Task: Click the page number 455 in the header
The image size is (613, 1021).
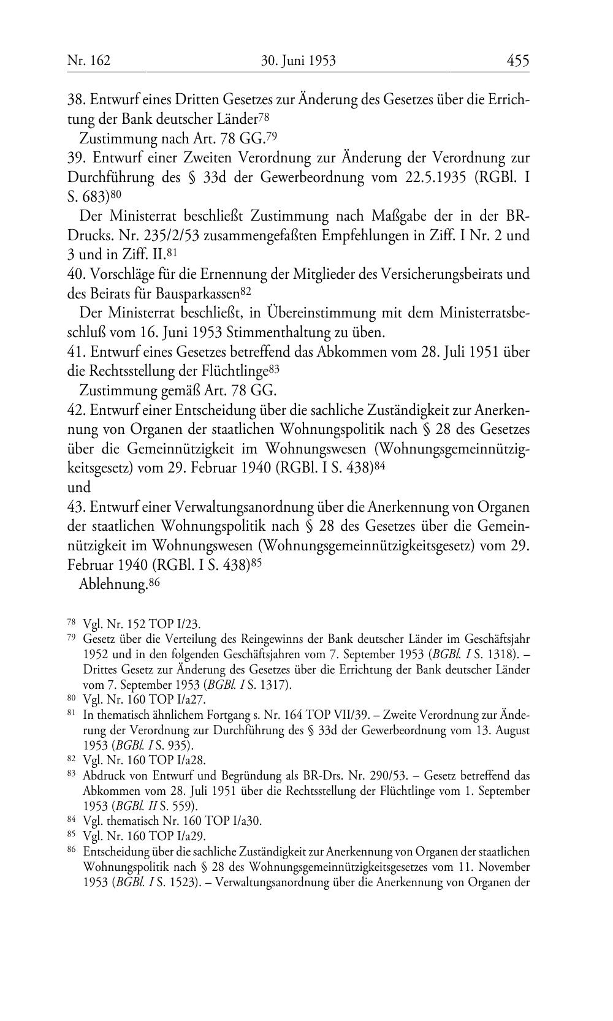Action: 517,61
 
